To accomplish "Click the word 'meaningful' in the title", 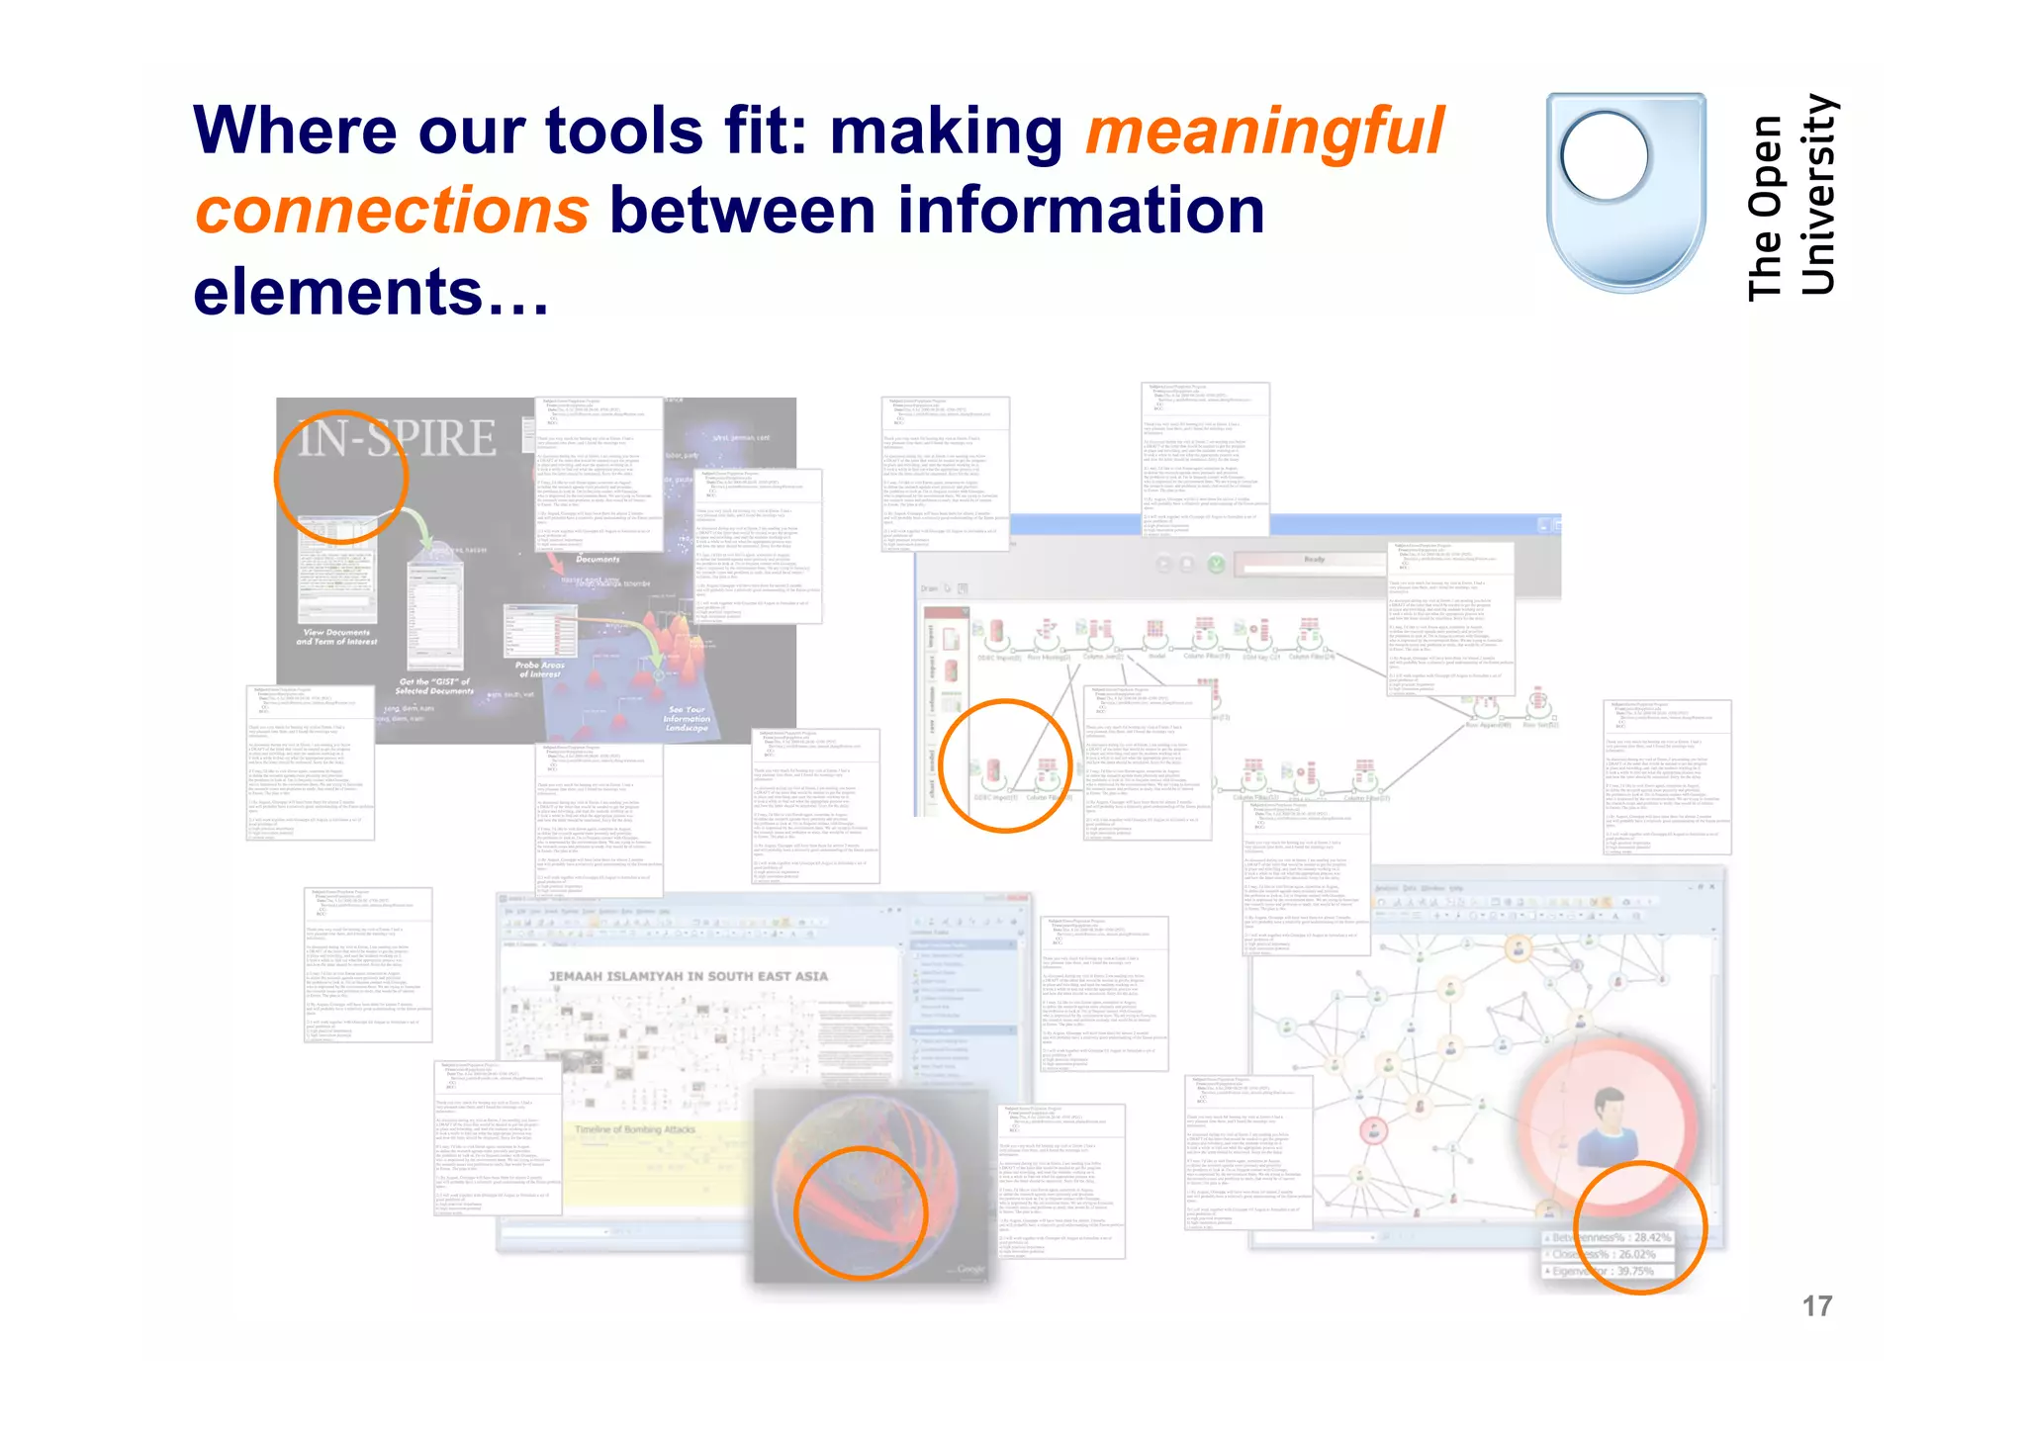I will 1264,132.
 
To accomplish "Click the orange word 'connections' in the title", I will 392,212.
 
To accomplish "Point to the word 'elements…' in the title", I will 371,293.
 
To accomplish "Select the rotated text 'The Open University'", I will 1792,197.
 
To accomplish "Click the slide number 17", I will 1816,1306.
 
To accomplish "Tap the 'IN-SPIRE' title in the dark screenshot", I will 398,437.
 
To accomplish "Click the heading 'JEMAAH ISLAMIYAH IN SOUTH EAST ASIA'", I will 688,976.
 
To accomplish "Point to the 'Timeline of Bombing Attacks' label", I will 635,1129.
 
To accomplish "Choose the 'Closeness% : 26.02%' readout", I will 1604,1254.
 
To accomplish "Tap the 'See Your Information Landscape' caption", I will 687,718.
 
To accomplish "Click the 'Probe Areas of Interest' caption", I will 539,670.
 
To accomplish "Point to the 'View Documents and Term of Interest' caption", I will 336,637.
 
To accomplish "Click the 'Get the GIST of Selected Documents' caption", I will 435,686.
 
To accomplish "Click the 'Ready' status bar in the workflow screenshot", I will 1314,561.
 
